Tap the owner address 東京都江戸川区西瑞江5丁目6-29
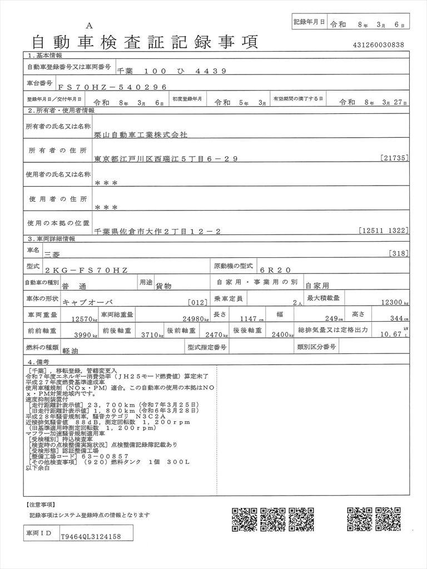pyautogui.click(x=166, y=159)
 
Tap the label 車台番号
pyautogui.click(x=40, y=83)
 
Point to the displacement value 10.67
pyautogui.click(x=389, y=334)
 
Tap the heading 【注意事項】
pyautogui.click(x=40, y=505)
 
